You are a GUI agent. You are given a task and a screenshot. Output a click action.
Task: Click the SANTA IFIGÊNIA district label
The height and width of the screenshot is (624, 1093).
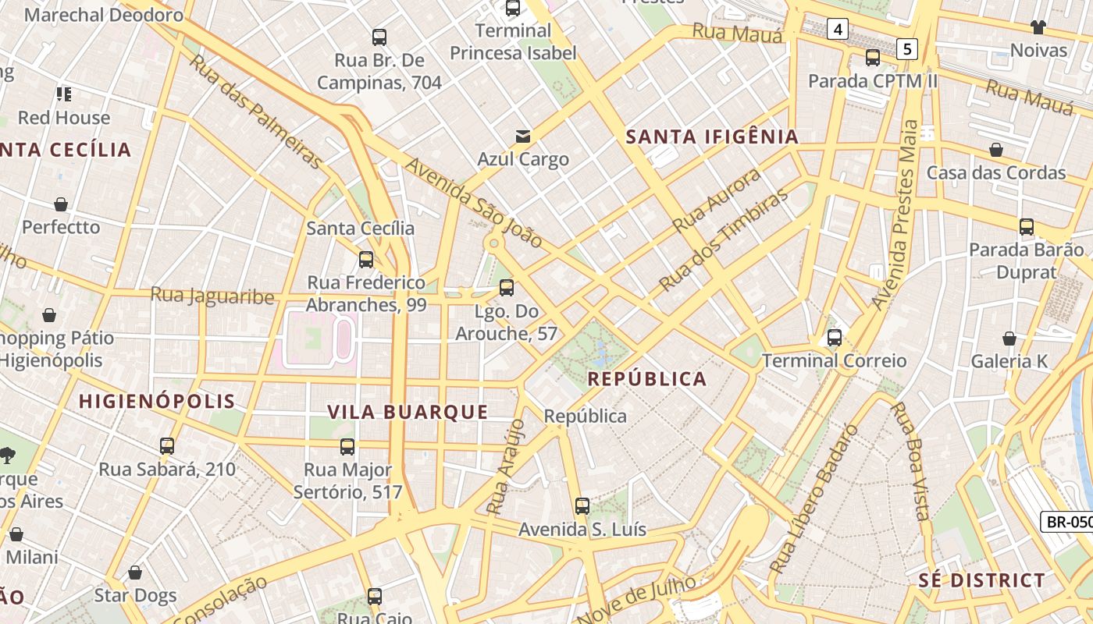[713, 137]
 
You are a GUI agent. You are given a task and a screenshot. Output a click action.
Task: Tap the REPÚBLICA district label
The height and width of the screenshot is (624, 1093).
[646, 379]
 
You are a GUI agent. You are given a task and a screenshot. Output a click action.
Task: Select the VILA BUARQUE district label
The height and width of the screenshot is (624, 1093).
[408, 412]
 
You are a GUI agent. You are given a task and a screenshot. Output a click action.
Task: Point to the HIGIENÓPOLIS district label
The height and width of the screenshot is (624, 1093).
[157, 401]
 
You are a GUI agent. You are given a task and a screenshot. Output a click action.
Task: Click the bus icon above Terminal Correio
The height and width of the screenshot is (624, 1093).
[835, 338]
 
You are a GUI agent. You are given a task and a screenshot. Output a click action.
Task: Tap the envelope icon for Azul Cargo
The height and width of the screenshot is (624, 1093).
[523, 136]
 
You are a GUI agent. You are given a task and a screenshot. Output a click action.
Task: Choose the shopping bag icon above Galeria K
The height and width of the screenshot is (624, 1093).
[1009, 339]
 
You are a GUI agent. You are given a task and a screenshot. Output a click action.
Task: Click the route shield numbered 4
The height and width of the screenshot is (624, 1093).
[838, 30]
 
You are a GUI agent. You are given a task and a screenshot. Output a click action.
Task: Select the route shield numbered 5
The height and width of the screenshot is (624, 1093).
[906, 49]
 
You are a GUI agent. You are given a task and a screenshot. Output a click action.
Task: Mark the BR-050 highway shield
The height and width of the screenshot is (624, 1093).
[1068, 522]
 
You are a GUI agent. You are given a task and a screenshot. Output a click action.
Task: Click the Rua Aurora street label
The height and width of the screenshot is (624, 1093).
[717, 200]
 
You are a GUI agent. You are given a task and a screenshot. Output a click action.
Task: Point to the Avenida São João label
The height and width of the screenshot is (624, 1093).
[473, 204]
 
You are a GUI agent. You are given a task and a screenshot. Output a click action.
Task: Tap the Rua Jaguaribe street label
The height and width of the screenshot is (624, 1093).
[212, 296]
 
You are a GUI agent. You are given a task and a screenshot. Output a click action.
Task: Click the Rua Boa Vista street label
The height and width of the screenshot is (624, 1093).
[911, 461]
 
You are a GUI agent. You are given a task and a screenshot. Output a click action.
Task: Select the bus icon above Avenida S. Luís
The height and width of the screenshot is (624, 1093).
[582, 505]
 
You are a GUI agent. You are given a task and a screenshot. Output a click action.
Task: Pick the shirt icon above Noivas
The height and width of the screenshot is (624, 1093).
[1038, 27]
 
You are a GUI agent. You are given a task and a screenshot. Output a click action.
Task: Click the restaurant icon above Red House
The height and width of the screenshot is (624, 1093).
[64, 94]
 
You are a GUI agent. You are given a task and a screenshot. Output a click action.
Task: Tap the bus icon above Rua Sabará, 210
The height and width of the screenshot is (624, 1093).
[167, 446]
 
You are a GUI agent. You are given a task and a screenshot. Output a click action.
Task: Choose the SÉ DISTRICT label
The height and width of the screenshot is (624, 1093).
[981, 580]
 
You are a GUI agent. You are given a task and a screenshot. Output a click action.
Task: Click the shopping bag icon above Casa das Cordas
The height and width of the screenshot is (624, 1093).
[996, 150]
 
